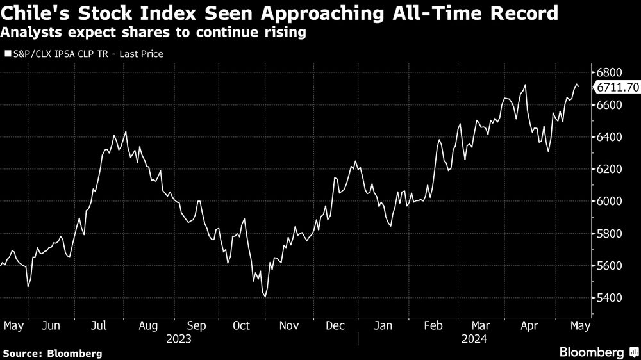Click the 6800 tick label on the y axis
tap(610, 72)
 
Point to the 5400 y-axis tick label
tap(610, 298)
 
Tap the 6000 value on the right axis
tap(610, 201)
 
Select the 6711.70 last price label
tap(617, 88)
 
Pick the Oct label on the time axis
tap(241, 325)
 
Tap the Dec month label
tap(335, 325)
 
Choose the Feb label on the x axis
tap(434, 325)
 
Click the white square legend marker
tap(8, 54)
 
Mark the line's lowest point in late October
tap(265, 297)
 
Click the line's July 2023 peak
tap(126, 132)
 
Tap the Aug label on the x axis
tap(148, 325)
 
